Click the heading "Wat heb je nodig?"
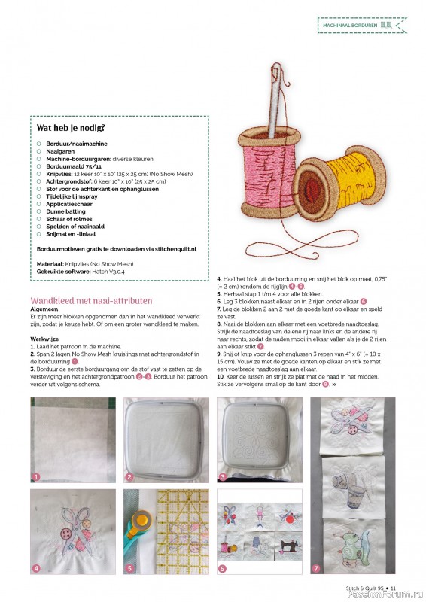point(71,127)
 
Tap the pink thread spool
point(261,174)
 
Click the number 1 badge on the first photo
point(35,476)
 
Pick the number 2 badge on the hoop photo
point(129,476)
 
